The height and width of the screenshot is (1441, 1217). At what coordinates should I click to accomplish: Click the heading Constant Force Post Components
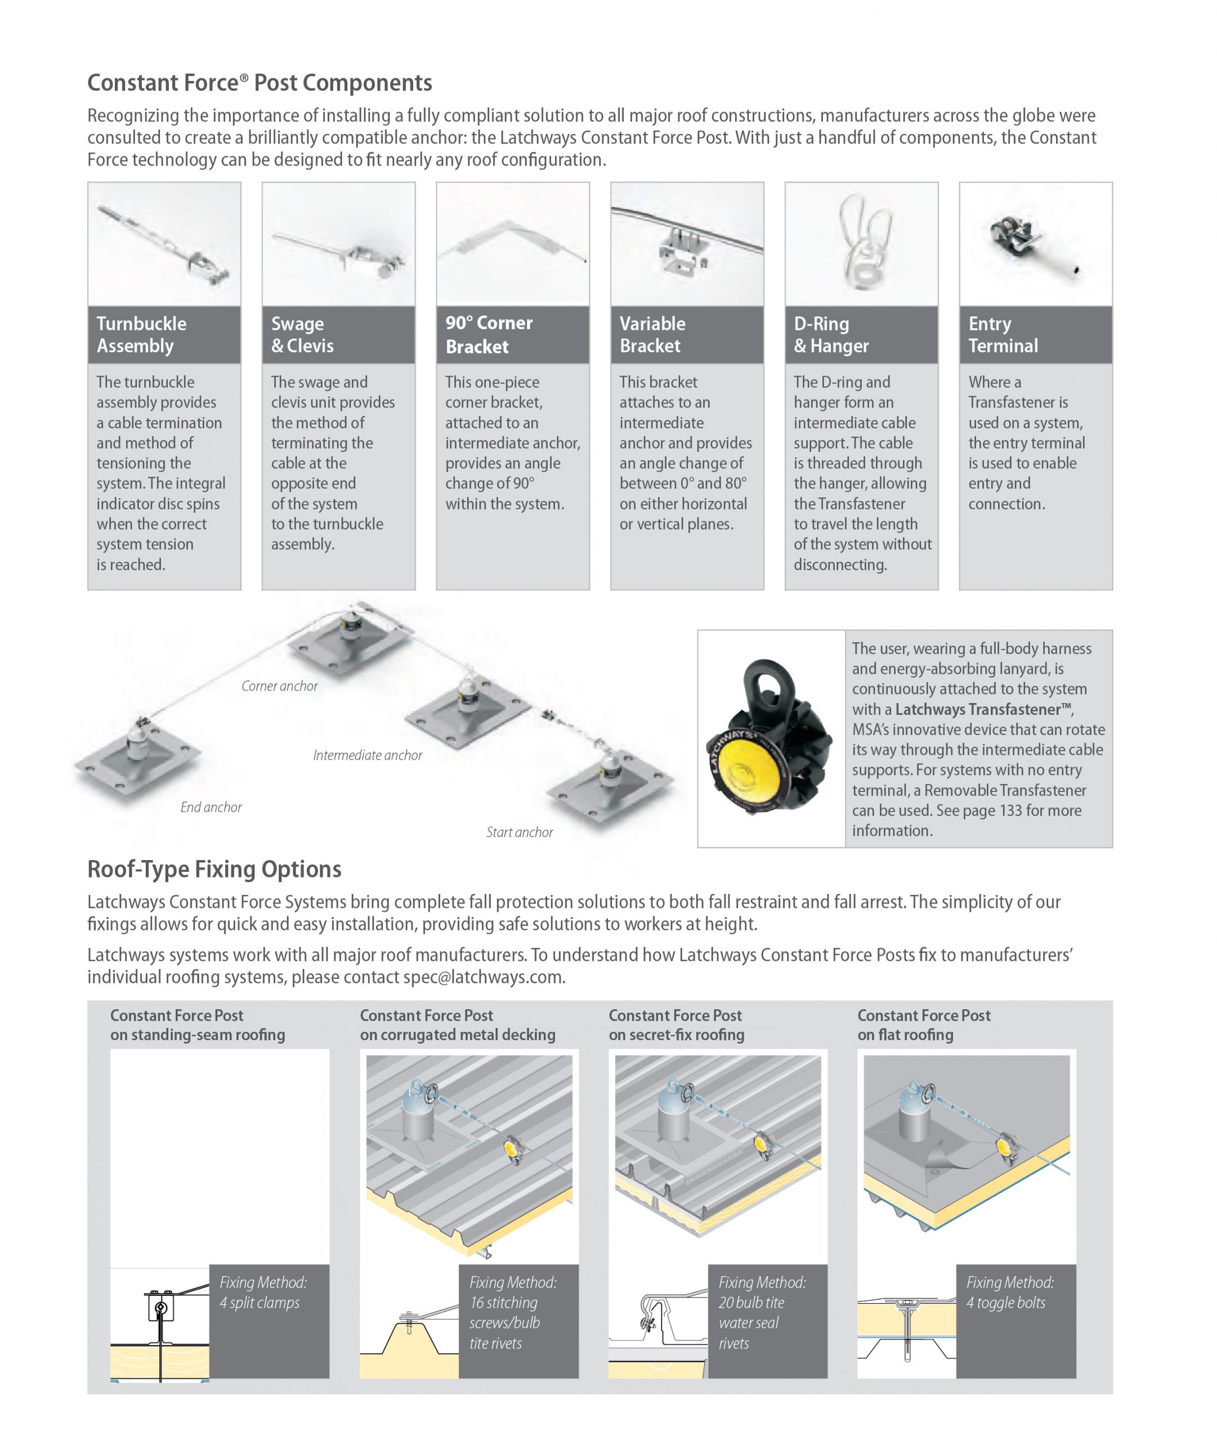[259, 83]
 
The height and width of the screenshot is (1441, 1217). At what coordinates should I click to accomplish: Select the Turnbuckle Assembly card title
[141, 334]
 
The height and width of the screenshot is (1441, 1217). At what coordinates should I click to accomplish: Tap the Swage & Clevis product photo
[338, 245]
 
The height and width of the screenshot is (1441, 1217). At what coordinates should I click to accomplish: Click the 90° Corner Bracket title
[489, 334]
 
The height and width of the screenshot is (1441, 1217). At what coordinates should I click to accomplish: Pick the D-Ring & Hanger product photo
[861, 245]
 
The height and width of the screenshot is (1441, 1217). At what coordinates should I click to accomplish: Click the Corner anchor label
[279, 686]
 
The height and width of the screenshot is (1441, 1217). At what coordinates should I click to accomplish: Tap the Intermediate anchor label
[367, 755]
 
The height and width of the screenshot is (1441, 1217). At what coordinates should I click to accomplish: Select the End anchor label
[211, 807]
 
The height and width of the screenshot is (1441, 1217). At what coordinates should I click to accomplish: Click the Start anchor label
[519, 832]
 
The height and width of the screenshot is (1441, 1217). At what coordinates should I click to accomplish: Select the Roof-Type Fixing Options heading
[214, 869]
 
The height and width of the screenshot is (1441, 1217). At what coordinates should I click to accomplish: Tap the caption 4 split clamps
[259, 1303]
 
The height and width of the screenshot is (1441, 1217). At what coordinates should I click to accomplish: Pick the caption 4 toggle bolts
[1005, 1303]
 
